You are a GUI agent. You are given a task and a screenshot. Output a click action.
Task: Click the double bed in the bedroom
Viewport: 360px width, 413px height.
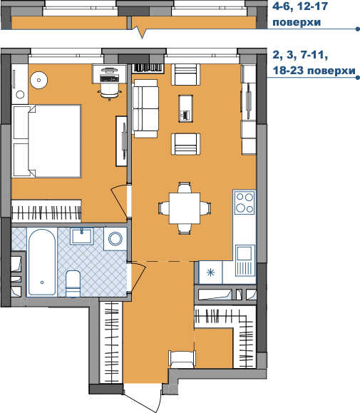click(x=46, y=141)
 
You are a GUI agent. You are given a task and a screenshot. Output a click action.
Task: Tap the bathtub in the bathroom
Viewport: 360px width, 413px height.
click(x=42, y=262)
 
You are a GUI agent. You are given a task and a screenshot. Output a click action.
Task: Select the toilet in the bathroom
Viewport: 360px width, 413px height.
click(x=73, y=284)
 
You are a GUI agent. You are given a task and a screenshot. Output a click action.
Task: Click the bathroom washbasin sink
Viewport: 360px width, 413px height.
click(x=81, y=236)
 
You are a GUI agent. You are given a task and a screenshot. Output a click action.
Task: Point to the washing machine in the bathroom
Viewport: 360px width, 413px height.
click(x=115, y=239)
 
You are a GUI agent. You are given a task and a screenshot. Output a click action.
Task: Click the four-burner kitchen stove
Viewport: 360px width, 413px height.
click(x=245, y=202)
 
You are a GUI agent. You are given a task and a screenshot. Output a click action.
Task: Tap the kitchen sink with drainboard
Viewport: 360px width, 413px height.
click(x=245, y=260)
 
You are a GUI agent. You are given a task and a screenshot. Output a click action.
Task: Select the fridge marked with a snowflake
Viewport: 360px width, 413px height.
click(x=210, y=272)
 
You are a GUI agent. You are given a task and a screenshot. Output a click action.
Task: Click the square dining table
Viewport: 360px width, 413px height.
click(x=185, y=208)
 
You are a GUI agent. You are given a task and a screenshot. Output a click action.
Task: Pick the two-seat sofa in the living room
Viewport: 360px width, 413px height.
click(x=145, y=108)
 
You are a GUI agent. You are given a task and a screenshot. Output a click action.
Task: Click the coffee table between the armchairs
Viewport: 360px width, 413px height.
click(x=186, y=108)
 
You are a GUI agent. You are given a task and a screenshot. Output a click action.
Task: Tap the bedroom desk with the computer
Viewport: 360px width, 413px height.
click(x=109, y=73)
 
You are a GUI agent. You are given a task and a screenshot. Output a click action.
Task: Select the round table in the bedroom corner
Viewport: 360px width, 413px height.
click(x=38, y=80)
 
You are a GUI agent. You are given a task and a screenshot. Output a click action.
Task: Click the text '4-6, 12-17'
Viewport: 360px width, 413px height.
click(x=300, y=6)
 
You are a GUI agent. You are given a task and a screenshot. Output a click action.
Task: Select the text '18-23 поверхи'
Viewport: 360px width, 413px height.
click(x=314, y=71)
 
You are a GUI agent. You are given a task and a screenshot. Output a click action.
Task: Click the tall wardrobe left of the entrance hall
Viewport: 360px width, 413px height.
click(x=111, y=342)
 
